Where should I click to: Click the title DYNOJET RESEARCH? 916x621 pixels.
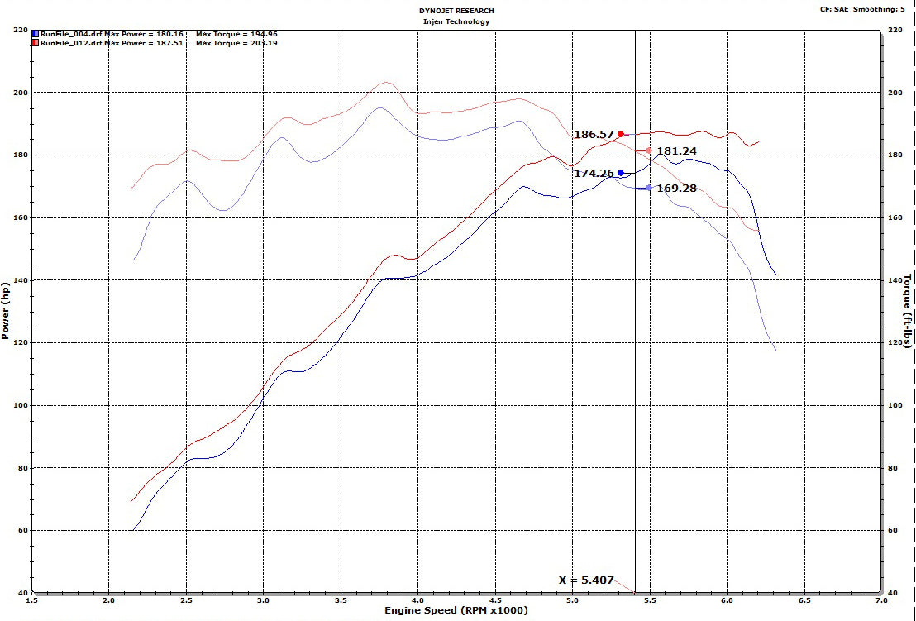point(457,11)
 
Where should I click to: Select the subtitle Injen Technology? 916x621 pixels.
point(457,21)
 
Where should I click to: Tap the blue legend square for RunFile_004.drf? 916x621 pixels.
point(35,34)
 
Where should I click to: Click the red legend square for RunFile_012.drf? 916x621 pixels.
point(35,43)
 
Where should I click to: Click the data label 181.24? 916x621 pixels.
point(676,150)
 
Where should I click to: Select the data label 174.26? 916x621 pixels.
point(594,174)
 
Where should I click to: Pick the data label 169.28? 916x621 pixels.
point(676,188)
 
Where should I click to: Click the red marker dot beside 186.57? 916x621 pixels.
point(621,134)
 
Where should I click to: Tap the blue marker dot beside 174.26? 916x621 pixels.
point(621,173)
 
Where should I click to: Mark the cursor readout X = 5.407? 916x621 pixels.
point(585,580)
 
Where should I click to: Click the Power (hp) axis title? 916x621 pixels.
point(7,311)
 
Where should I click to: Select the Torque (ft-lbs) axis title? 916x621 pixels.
point(908,311)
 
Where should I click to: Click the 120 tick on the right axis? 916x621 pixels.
point(893,342)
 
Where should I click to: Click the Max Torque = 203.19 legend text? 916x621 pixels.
point(236,43)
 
